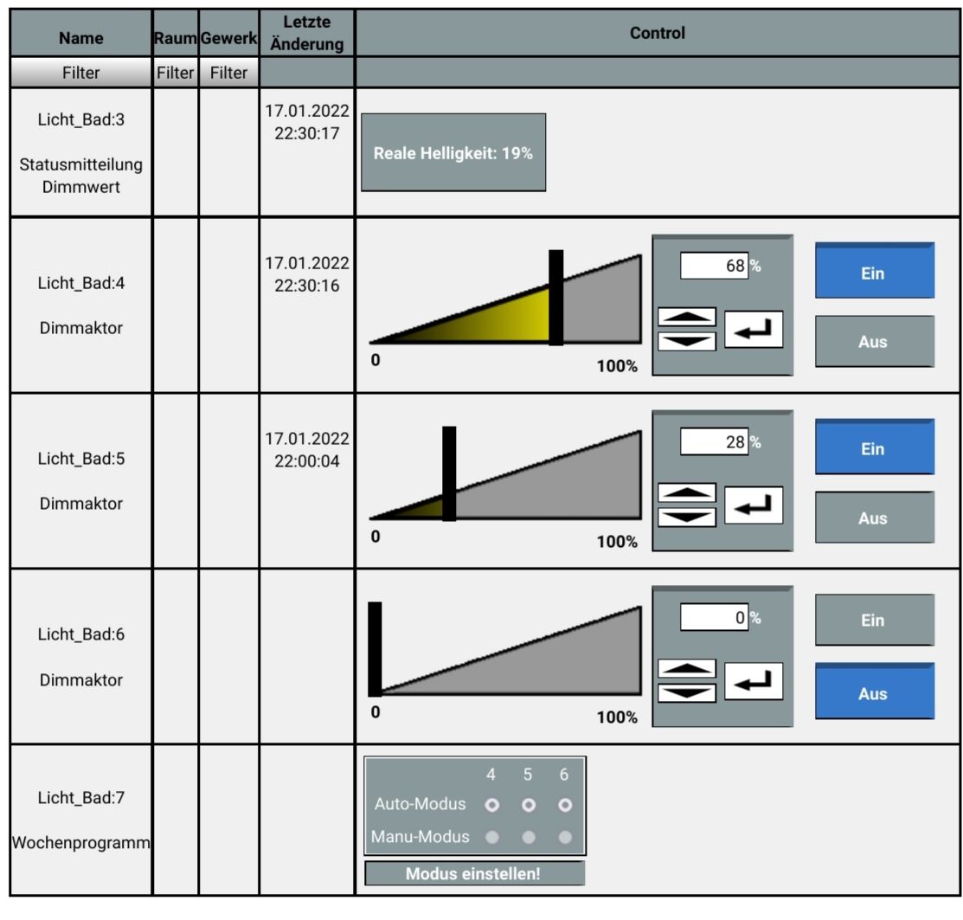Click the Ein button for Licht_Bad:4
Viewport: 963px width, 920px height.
tap(875, 271)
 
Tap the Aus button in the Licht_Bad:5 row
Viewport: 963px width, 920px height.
tap(875, 517)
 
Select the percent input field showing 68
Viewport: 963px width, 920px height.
tap(714, 266)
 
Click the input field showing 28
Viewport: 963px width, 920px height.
tap(714, 441)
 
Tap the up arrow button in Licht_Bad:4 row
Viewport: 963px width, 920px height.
tap(687, 317)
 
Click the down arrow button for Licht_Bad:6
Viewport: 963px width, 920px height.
tap(687, 692)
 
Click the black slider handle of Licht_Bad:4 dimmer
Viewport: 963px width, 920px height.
tap(555, 298)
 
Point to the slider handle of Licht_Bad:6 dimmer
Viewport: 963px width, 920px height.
tap(375, 649)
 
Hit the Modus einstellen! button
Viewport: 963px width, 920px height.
tap(474, 873)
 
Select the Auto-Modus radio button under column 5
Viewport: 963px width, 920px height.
tap(528, 805)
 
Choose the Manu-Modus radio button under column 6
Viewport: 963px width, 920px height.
tap(565, 836)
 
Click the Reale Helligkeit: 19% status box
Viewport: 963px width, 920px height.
tap(453, 152)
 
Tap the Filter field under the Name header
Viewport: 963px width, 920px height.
tap(80, 73)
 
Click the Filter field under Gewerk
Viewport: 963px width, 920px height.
tap(228, 73)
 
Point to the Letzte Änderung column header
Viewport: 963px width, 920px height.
tap(306, 33)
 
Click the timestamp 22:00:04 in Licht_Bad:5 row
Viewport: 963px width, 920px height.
tap(306, 461)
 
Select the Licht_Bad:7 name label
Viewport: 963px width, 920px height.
tap(81, 797)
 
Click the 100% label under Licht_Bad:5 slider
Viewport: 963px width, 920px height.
tap(617, 542)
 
